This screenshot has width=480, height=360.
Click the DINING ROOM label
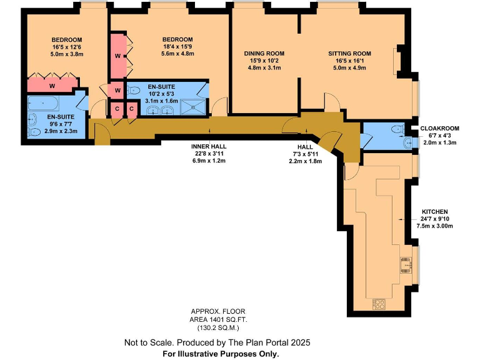(x=264, y=54)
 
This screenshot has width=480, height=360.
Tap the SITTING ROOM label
(x=350, y=54)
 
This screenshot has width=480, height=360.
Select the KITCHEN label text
(x=434, y=212)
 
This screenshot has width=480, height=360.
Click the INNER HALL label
(x=208, y=146)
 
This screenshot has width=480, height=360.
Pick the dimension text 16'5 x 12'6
(x=67, y=47)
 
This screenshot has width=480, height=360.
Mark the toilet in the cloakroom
(x=394, y=129)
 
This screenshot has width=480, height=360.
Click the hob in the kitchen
(x=379, y=304)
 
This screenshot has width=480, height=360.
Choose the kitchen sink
(x=406, y=265)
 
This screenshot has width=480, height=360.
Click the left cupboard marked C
(x=117, y=109)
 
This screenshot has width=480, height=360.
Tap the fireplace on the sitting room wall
(x=396, y=61)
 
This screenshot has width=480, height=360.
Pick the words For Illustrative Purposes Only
(x=220, y=353)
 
